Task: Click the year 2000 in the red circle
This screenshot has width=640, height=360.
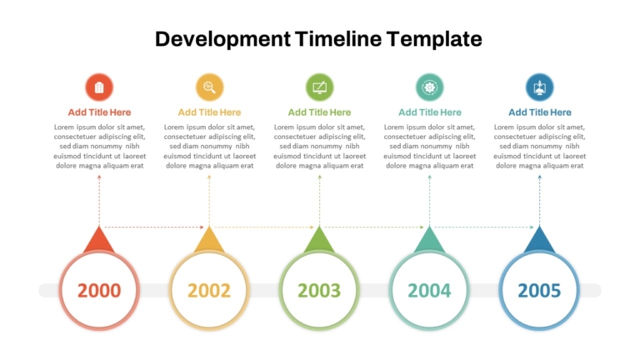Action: coord(99,291)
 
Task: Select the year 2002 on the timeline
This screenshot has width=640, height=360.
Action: coord(209,291)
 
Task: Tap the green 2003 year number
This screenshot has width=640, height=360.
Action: coord(319,291)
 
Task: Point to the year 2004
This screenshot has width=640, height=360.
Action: coord(429,291)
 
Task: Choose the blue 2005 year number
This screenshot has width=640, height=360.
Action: coord(539,291)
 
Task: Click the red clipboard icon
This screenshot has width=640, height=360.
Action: coord(99,87)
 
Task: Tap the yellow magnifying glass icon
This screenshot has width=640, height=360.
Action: coord(209,87)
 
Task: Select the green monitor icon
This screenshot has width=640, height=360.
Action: coord(320,87)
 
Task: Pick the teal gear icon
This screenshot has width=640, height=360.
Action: coord(429,87)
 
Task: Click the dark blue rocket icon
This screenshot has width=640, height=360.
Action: coord(540,87)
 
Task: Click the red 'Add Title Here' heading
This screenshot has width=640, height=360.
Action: coord(99,112)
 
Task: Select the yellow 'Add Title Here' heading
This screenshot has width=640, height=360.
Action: coord(209,112)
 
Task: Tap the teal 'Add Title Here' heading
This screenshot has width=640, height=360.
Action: coord(430,112)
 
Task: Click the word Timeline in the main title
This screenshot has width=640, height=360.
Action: coord(338,39)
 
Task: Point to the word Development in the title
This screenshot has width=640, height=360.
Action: coord(222,40)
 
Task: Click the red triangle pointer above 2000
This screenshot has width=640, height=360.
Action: coord(99,241)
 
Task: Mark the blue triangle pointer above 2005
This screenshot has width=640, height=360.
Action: coord(539,241)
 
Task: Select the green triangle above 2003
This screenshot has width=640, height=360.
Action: coord(319,241)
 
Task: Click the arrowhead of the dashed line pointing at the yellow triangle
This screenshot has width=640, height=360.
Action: coord(202,227)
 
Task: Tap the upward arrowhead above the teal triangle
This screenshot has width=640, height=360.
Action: coord(429,177)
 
